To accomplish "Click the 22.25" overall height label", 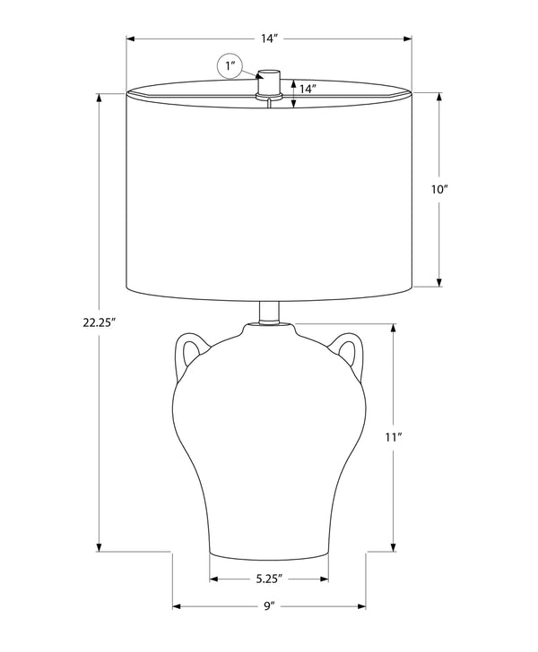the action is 99,322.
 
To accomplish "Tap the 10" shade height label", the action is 439,190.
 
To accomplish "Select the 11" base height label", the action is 393,437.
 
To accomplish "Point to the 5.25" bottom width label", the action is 269,579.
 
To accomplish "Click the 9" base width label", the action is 270,605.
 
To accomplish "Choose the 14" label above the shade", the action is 269,39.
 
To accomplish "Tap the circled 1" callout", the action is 230,66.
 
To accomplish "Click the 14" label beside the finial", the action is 308,89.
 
